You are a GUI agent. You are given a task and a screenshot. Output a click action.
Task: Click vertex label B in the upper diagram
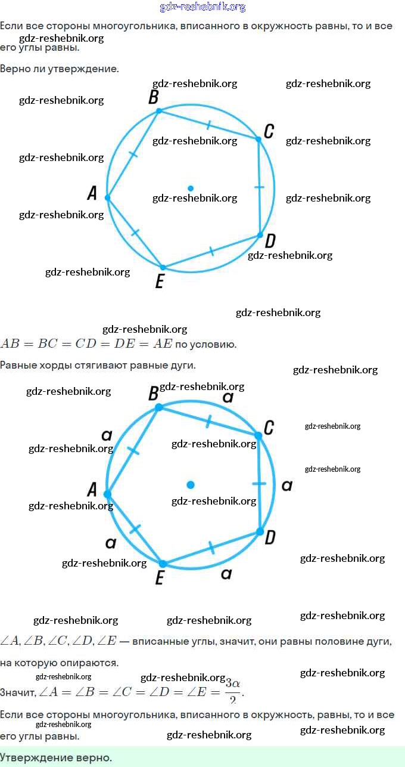click(x=153, y=97)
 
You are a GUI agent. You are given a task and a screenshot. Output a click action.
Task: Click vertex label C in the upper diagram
click(x=269, y=131)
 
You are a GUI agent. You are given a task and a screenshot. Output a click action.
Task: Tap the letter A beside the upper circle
click(x=92, y=193)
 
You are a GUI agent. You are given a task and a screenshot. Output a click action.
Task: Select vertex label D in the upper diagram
click(x=270, y=241)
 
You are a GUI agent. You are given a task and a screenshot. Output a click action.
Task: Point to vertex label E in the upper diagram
click(x=159, y=281)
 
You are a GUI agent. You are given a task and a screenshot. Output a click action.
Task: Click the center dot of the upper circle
click(x=191, y=188)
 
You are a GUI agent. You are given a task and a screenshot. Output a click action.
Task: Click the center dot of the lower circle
click(x=191, y=485)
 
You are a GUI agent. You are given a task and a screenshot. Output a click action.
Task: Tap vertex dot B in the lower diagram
click(x=158, y=407)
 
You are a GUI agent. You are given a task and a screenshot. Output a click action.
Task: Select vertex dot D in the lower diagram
click(x=260, y=531)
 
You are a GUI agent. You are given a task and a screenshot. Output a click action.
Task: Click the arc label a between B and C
click(x=228, y=397)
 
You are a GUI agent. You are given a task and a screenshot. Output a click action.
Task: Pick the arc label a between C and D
click(x=286, y=485)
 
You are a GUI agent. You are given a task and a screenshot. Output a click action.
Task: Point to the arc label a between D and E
click(x=226, y=574)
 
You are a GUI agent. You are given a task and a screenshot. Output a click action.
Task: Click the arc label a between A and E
click(x=110, y=543)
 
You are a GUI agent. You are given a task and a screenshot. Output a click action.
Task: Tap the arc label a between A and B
click(x=107, y=435)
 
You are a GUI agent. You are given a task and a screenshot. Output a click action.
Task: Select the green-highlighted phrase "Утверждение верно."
click(x=56, y=757)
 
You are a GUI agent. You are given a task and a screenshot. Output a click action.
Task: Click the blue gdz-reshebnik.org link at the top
click(x=202, y=7)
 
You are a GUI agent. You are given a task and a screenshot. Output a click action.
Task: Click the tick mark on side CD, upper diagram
click(x=259, y=187)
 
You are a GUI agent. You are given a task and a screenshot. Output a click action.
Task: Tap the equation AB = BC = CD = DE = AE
click(x=86, y=344)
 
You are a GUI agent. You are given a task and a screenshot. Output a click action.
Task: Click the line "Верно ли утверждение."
click(x=60, y=69)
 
